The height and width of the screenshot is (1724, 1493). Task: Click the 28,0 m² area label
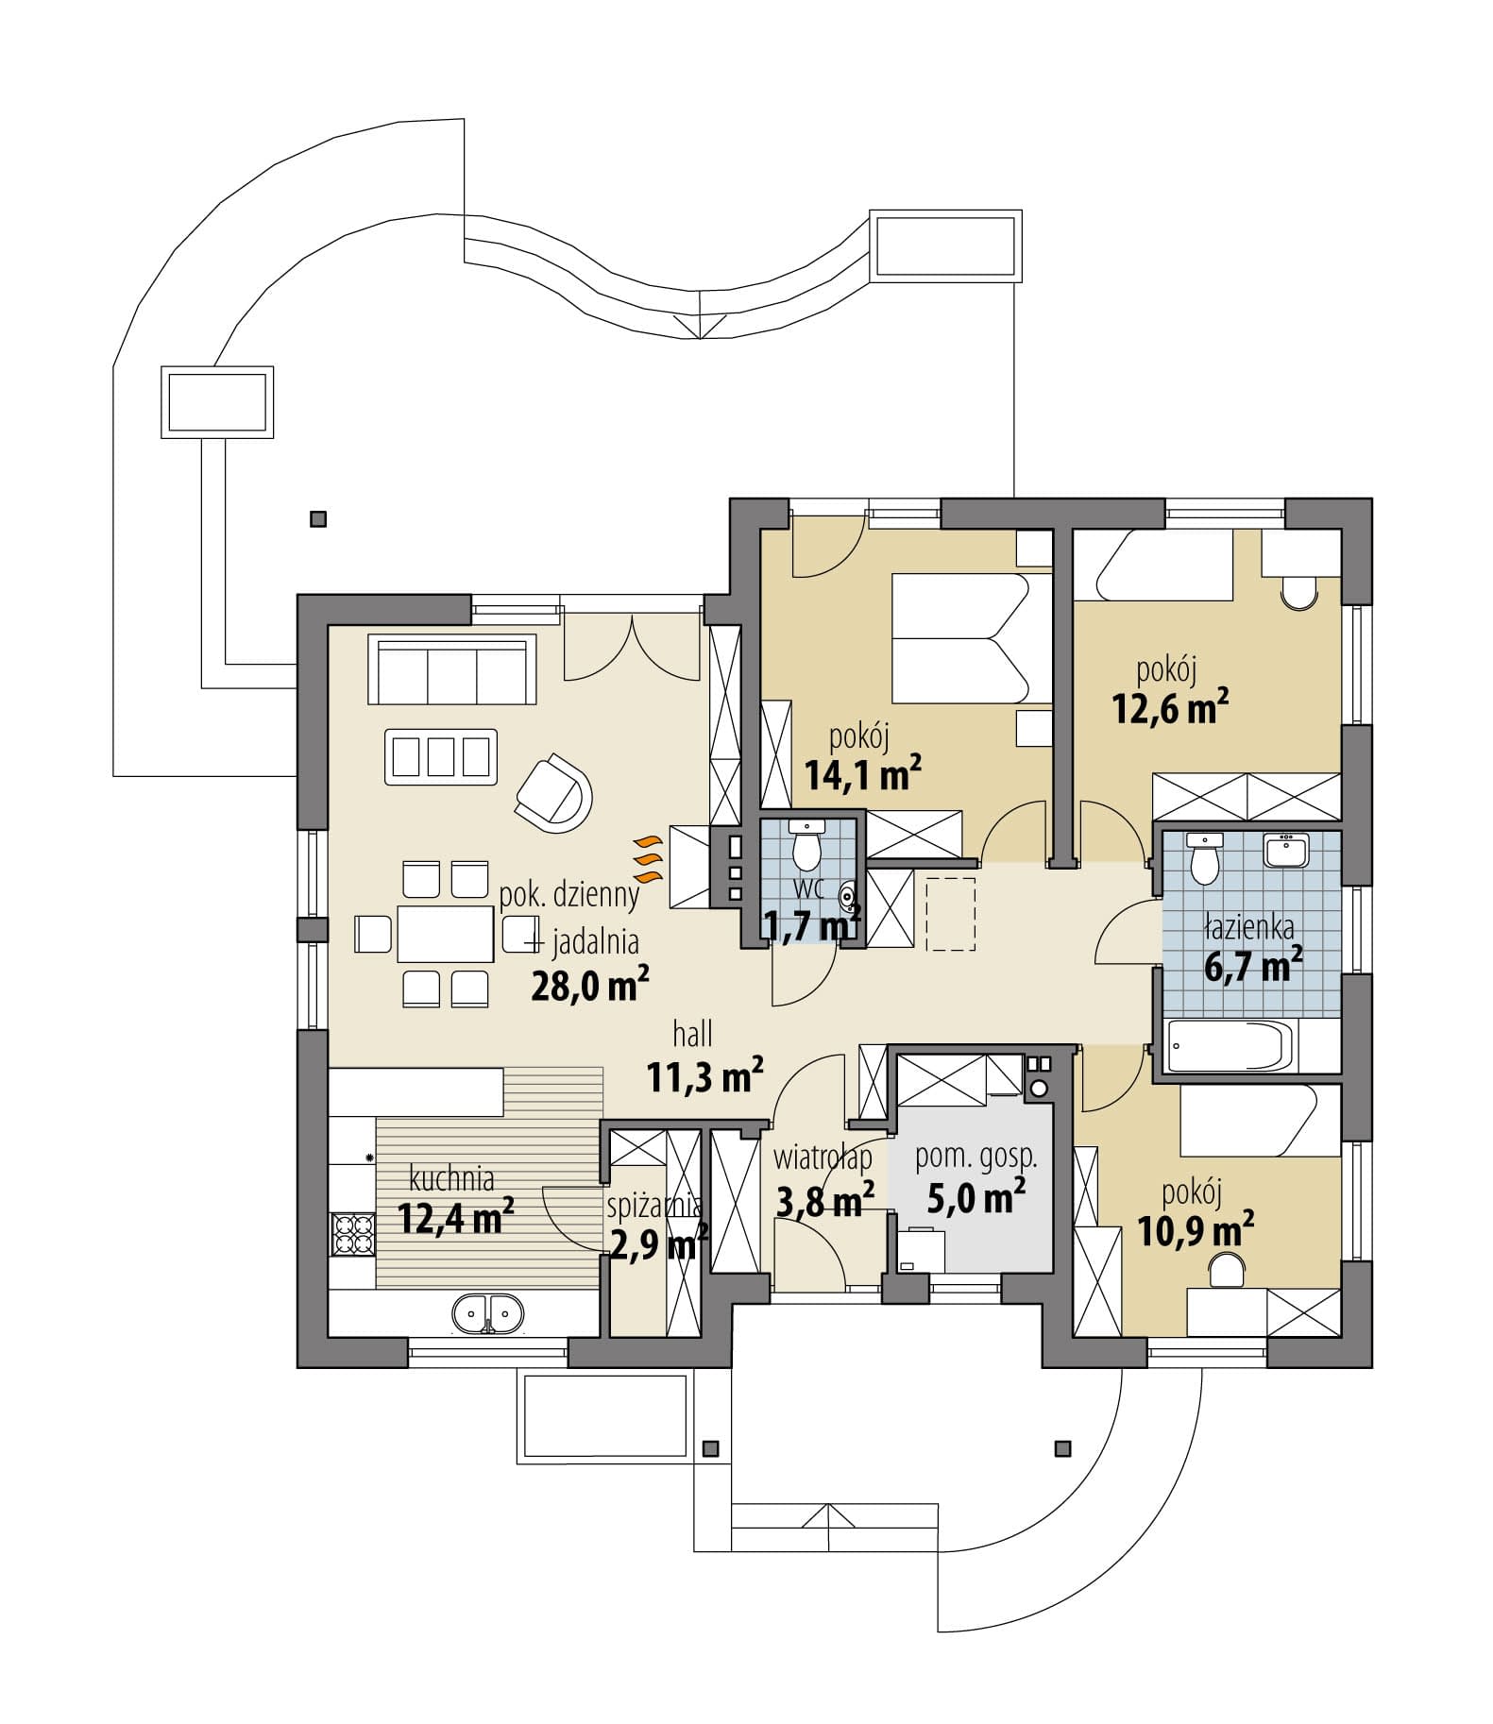click(590, 986)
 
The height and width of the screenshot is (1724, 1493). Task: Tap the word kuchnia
click(451, 1178)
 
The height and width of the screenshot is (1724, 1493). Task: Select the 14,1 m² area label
click(863, 774)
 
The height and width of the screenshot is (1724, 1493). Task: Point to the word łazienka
click(1248, 929)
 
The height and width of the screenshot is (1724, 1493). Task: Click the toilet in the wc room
click(806, 845)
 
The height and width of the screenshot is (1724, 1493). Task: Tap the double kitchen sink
click(487, 1313)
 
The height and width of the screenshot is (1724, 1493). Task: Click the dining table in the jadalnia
click(446, 934)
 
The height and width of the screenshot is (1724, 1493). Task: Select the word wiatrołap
click(823, 1156)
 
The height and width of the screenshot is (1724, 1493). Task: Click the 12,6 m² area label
click(1170, 707)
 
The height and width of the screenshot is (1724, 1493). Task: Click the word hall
click(692, 1035)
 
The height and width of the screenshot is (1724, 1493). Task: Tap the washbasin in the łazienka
click(1285, 851)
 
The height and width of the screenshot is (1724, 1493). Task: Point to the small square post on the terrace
click(318, 518)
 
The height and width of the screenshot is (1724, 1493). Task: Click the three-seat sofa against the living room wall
click(451, 670)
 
